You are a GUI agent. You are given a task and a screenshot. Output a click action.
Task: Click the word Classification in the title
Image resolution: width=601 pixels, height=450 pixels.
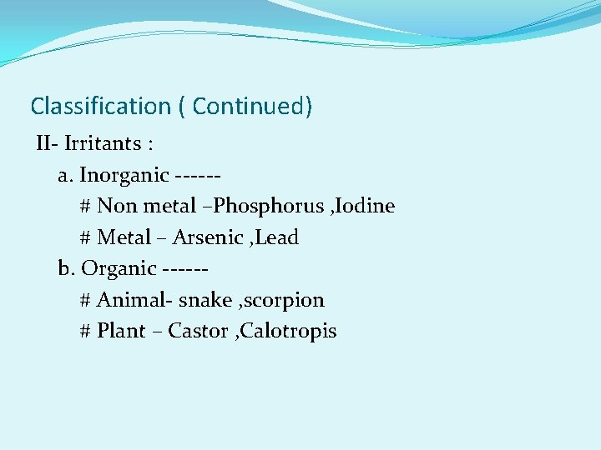click(x=99, y=107)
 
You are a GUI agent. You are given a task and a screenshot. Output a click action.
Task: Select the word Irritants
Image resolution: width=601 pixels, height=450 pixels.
click(x=102, y=144)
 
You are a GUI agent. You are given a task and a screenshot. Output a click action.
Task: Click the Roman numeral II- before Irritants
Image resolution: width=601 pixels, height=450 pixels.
click(x=47, y=144)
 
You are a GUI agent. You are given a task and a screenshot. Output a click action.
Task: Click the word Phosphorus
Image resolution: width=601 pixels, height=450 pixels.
click(x=268, y=207)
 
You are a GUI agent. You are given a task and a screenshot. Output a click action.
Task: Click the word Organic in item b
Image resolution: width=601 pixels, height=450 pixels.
click(x=119, y=268)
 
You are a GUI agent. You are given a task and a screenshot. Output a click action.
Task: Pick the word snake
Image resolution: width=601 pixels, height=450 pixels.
click(x=205, y=300)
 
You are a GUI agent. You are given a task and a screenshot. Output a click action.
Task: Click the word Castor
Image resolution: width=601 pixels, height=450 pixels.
click(x=199, y=331)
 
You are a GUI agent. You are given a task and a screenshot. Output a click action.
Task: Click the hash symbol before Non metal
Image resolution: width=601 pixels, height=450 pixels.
click(x=85, y=207)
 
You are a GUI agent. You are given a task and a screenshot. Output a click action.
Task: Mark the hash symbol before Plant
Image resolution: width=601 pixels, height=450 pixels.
click(x=85, y=331)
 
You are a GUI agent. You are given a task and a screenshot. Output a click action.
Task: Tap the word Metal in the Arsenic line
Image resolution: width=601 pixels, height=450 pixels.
click(x=124, y=237)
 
